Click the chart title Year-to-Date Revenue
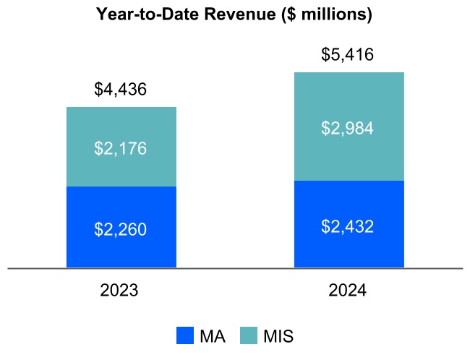[x=234, y=14]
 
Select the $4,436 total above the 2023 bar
[x=121, y=90]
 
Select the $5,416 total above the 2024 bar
[x=348, y=55]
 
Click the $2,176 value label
[x=121, y=149]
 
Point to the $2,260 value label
[x=121, y=230]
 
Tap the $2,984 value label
[x=348, y=129]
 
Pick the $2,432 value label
[x=348, y=226]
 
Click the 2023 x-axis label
[x=120, y=291]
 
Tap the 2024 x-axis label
[x=348, y=291]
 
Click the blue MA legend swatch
[x=186, y=336]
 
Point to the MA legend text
[x=212, y=336]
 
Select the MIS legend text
[x=278, y=336]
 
